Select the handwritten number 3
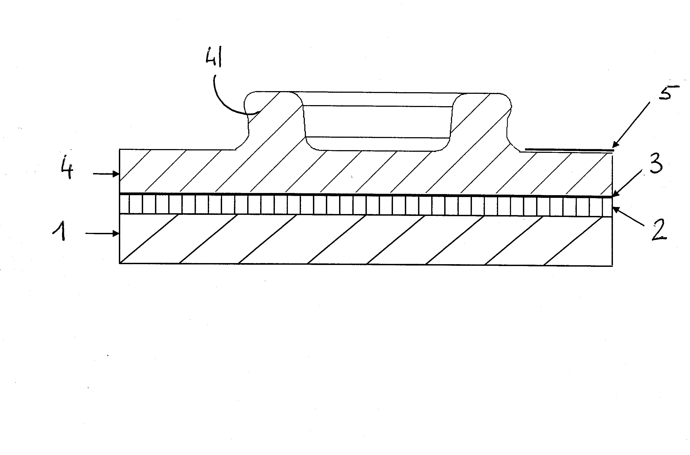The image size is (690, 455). [x=656, y=164]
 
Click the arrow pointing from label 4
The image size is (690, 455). [x=106, y=174]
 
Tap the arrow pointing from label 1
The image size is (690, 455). [x=102, y=233]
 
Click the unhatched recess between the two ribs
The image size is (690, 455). [x=377, y=122]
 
